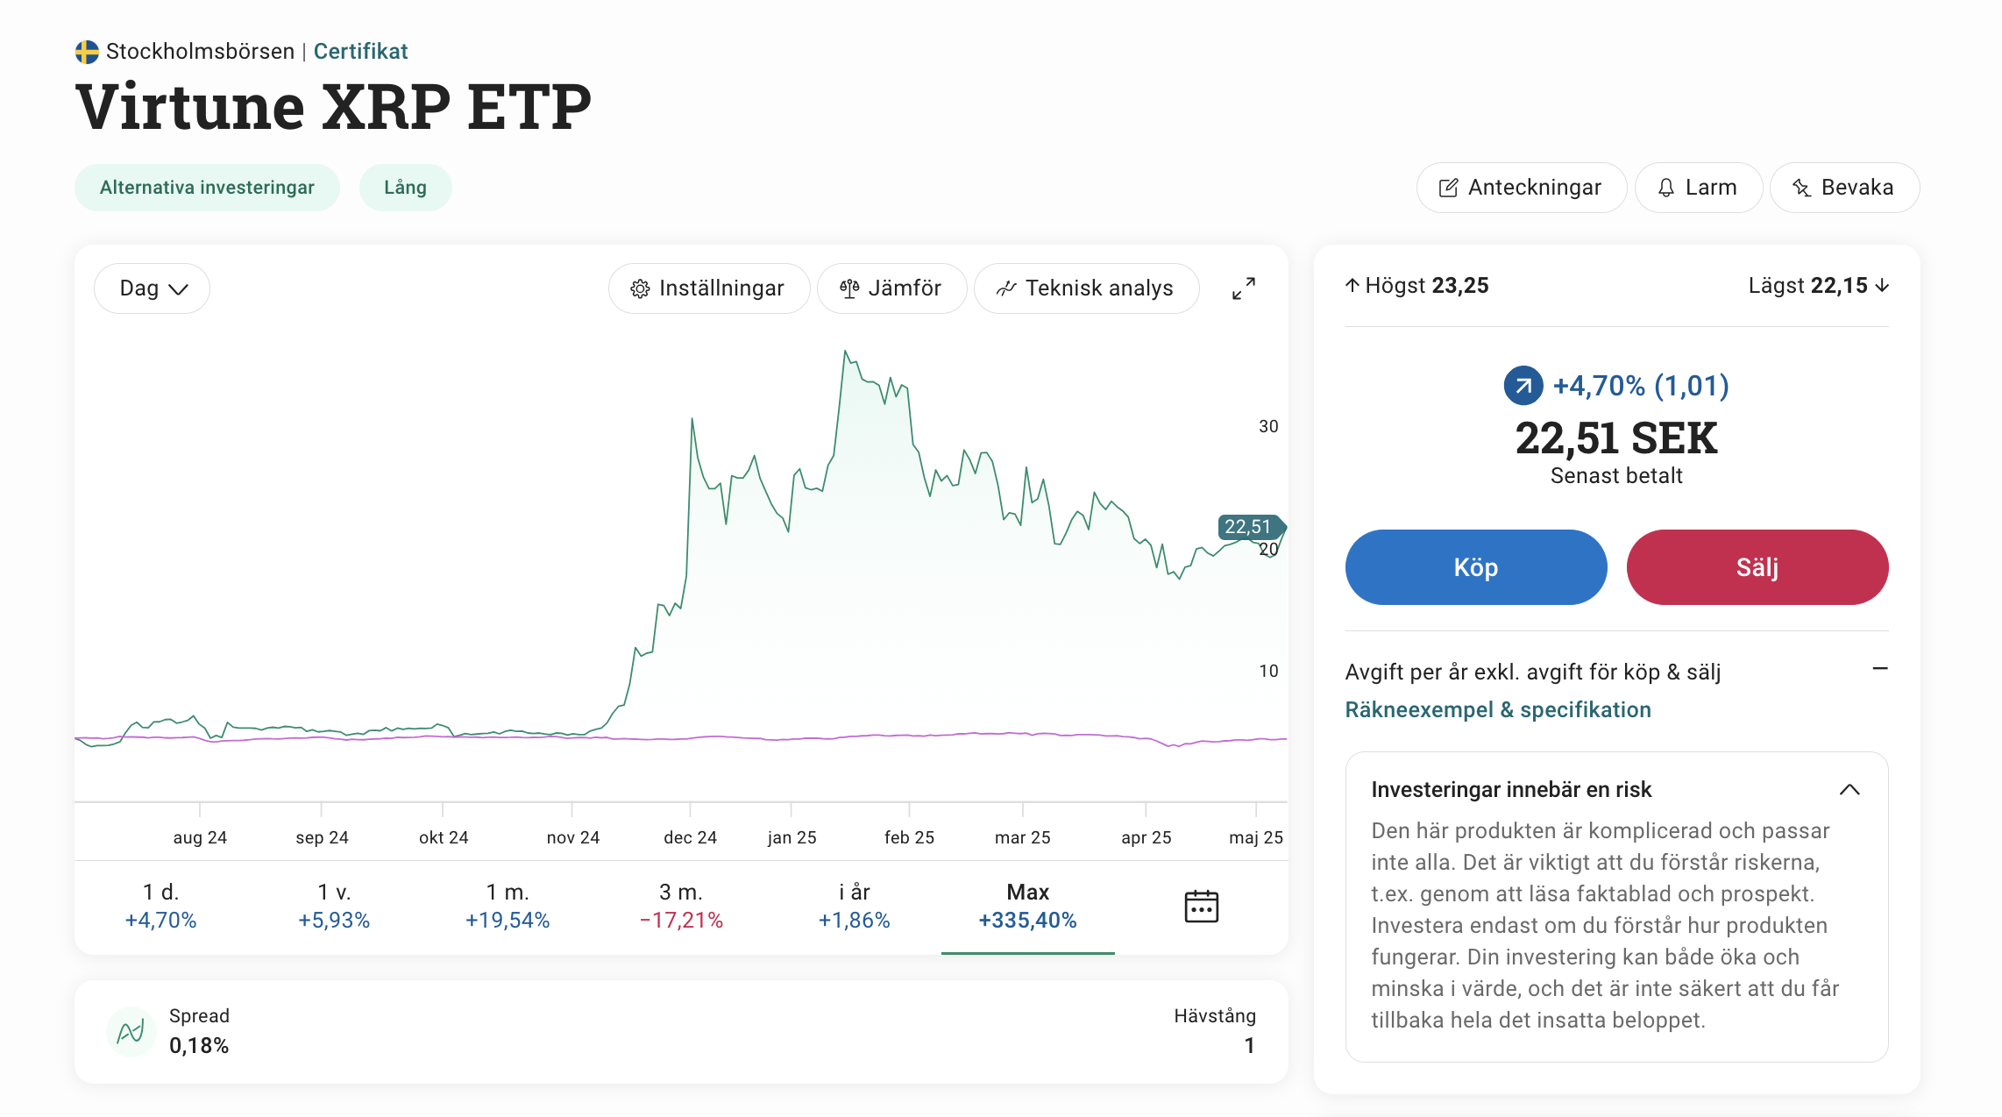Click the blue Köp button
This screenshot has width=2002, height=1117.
(1475, 567)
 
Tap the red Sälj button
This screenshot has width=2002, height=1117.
(1757, 567)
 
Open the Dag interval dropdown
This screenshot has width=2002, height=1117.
(153, 288)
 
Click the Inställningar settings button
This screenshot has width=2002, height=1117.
(708, 288)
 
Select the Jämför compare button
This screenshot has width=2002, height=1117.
(891, 288)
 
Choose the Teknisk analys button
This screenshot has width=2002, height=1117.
(1086, 288)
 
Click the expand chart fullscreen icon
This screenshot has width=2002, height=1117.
(1243, 288)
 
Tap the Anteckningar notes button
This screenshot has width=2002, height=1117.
(1521, 188)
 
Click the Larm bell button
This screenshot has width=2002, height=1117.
(1698, 188)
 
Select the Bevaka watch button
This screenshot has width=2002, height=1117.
(1844, 188)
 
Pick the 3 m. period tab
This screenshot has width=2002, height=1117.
(681, 906)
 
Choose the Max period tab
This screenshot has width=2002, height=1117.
(1027, 906)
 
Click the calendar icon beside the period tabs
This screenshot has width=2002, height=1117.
(1201, 906)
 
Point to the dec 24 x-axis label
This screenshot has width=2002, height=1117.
(690, 837)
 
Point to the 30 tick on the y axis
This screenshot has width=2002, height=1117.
(1268, 427)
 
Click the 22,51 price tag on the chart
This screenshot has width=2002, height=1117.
(1248, 527)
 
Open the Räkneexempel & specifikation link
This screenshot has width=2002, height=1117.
(1498, 710)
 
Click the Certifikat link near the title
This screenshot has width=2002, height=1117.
(360, 52)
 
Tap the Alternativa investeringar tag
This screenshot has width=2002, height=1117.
(207, 188)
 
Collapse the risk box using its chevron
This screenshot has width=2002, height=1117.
(1849, 790)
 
